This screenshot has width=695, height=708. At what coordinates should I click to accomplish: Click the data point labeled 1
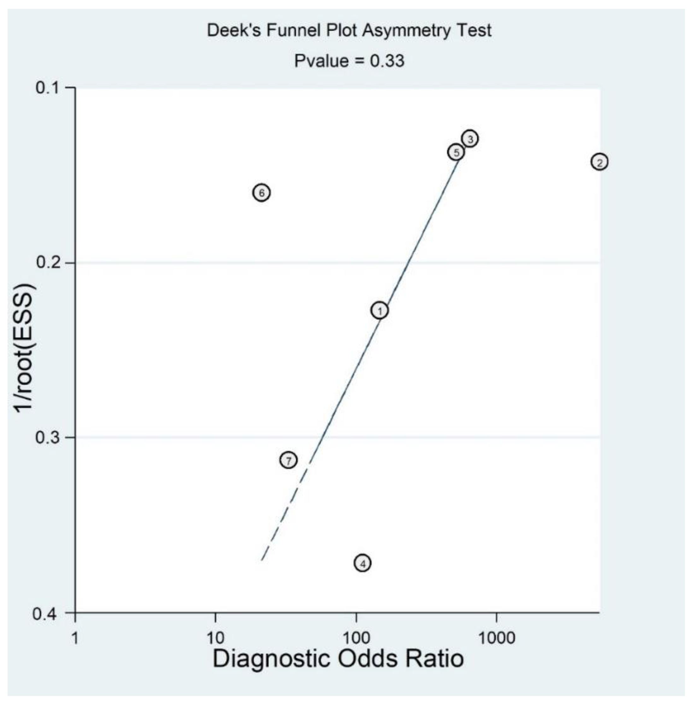(x=380, y=311)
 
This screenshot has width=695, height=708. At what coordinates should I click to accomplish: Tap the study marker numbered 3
(x=470, y=139)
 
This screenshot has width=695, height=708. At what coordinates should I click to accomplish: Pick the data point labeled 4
(x=362, y=563)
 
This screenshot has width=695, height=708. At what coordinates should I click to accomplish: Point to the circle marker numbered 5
(x=456, y=152)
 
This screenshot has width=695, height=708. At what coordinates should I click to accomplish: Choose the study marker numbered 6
(x=261, y=193)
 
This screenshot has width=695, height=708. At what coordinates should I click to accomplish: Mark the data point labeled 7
(x=288, y=461)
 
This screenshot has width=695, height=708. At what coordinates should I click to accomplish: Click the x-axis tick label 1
(x=75, y=638)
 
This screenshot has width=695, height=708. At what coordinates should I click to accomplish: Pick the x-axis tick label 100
(x=356, y=638)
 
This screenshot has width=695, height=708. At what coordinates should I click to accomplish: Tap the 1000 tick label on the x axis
(x=497, y=638)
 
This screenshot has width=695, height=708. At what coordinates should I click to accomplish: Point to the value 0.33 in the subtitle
(x=387, y=61)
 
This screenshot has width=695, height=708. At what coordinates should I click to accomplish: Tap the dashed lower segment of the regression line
(x=285, y=511)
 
